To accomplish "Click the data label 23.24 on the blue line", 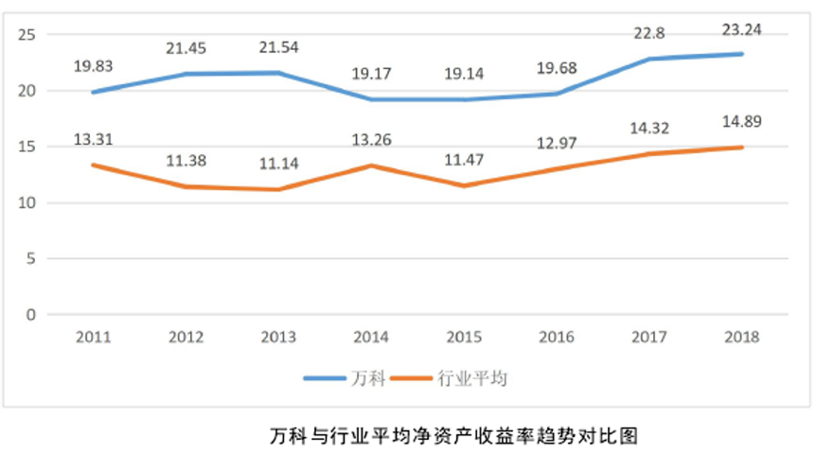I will pyautogui.click(x=741, y=30).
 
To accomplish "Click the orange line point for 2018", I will pyautogui.click(x=742, y=148).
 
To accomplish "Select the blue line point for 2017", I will pyautogui.click(x=650, y=59).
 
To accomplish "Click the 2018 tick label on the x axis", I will pyautogui.click(x=741, y=337).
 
